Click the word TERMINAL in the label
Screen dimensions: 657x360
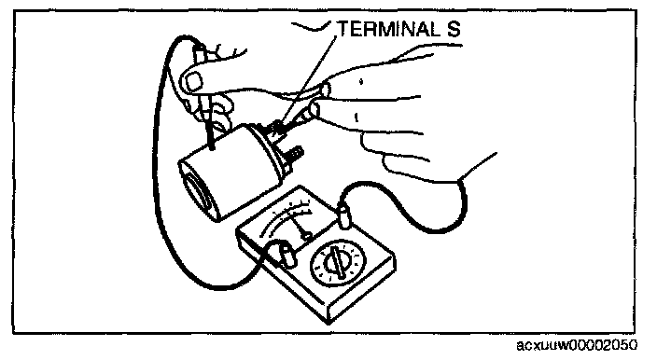(x=388, y=29)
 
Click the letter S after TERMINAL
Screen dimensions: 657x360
(x=453, y=29)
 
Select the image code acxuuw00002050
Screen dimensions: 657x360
(x=577, y=345)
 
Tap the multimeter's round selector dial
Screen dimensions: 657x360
(x=338, y=263)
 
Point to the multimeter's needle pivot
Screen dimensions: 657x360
(x=307, y=237)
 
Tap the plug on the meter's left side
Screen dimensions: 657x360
(x=286, y=256)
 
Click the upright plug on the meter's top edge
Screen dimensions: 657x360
(x=345, y=216)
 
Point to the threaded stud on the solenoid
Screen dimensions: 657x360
(x=296, y=154)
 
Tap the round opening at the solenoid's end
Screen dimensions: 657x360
(x=198, y=193)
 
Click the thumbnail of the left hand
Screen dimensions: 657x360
(x=194, y=82)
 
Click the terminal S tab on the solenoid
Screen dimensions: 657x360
(x=274, y=131)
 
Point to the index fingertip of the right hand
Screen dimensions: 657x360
(x=325, y=90)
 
